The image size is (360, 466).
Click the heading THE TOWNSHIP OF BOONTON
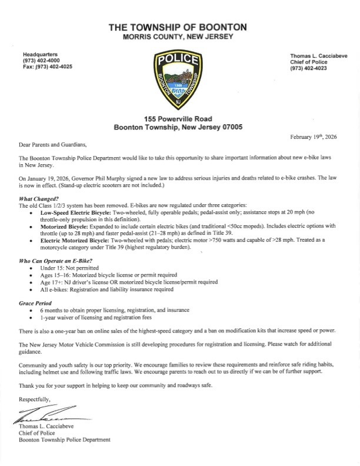pos(179,28)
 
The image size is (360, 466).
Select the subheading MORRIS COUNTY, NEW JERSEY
pos(179,37)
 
